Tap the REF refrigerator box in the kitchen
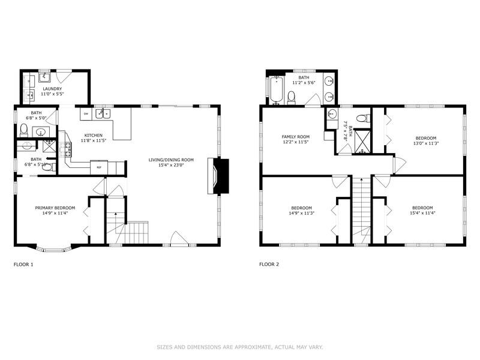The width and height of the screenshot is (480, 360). point(99,167)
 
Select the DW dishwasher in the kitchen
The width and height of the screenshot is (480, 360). point(86,114)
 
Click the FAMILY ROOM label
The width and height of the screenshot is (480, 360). point(295,137)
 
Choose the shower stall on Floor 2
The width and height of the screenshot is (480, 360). point(362,141)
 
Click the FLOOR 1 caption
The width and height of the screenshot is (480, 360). point(23,264)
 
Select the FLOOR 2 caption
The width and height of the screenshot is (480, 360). point(269,264)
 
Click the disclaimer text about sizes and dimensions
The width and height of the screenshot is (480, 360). point(239,346)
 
